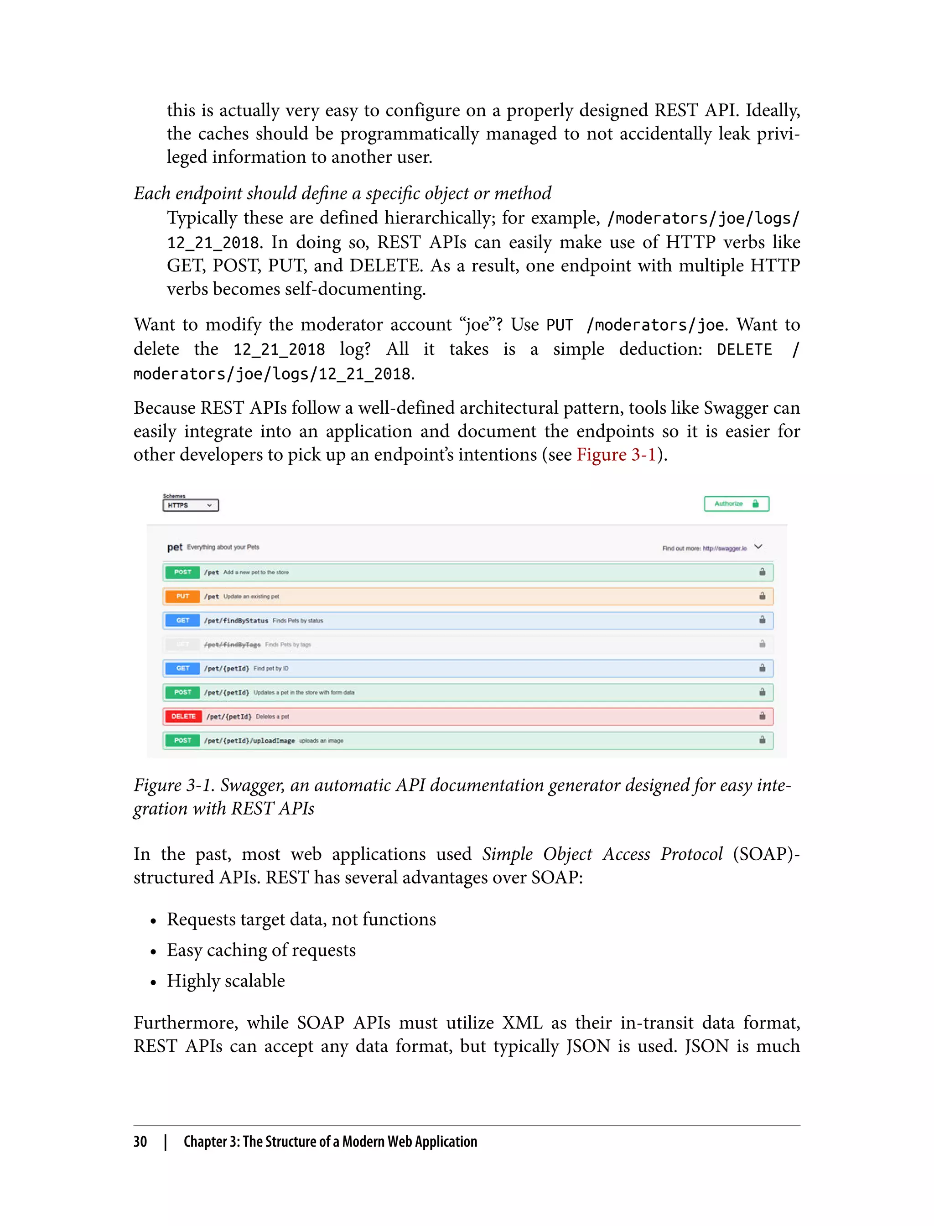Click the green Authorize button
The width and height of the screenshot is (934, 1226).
point(736,504)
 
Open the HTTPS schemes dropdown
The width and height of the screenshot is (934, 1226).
point(191,505)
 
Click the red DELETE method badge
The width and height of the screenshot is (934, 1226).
point(183,716)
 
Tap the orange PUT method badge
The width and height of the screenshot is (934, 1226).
point(182,596)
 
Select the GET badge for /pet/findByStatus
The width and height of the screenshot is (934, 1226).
point(182,620)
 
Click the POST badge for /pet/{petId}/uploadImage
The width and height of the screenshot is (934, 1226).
point(182,740)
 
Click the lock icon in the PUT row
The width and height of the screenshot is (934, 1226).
point(762,596)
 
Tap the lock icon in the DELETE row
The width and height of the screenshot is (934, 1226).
point(762,716)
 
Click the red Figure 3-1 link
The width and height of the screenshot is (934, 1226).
point(616,455)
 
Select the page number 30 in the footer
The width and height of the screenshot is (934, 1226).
point(140,1142)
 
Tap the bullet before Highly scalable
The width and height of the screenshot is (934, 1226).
point(153,982)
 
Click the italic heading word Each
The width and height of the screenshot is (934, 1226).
point(152,193)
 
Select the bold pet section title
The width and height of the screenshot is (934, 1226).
point(175,547)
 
